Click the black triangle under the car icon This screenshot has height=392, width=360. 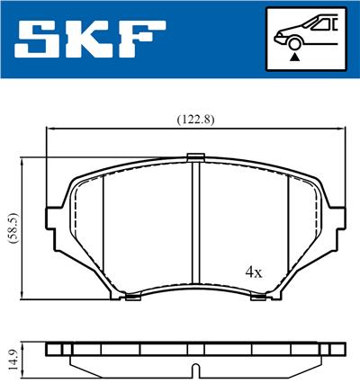[x=294, y=56]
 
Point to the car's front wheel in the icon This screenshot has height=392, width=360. [x=294, y=41]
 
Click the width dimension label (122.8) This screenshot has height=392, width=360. [x=193, y=117]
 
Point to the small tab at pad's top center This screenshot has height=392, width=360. [x=195, y=159]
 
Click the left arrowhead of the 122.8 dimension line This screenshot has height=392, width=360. [x=50, y=129]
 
